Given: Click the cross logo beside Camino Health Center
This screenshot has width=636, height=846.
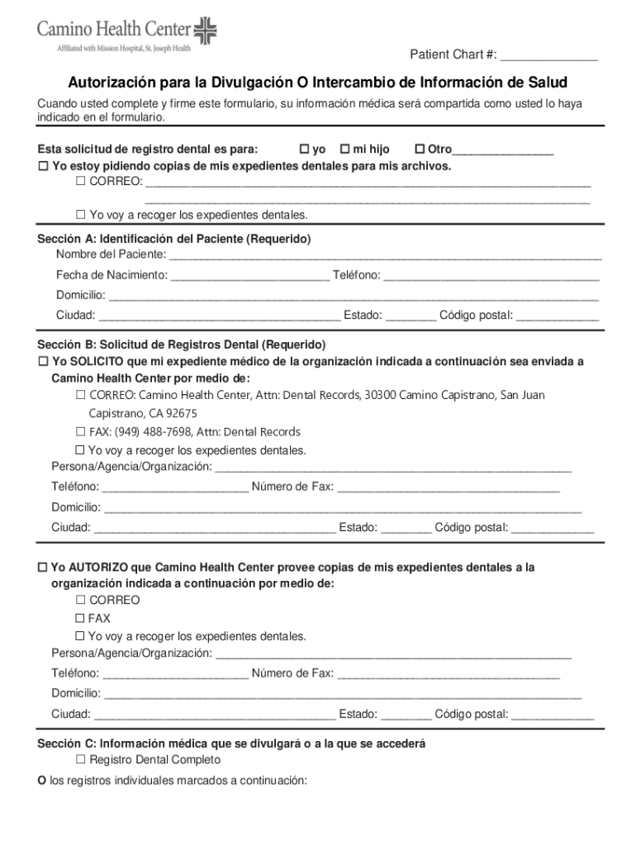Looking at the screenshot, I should coord(205,32).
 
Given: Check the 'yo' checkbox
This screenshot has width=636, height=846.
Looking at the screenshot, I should coord(304,150).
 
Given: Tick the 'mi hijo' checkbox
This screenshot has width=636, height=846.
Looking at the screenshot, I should coord(344,150).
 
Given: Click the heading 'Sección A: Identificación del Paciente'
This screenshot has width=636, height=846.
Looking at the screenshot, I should coord(174,239).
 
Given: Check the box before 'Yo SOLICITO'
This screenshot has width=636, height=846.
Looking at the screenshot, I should coord(44,362).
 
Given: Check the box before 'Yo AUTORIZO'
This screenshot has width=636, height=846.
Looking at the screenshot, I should coord(44,568).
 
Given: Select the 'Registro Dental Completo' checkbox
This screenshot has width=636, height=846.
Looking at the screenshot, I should coord(81,759).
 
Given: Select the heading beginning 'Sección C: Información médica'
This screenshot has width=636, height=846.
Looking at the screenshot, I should coord(231,744).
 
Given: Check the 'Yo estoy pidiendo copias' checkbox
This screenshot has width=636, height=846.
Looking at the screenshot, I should coord(44,167).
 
